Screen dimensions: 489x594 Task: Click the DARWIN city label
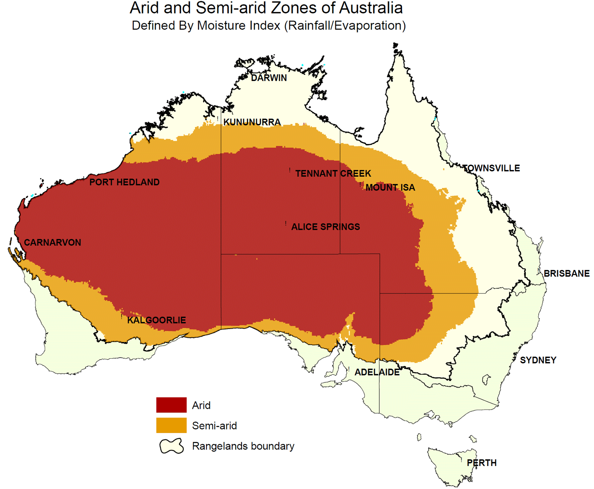pos(269,78)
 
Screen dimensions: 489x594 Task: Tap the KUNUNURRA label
pos(252,122)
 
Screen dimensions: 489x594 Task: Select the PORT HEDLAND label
pos(124,182)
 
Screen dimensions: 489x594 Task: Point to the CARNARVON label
pos(52,242)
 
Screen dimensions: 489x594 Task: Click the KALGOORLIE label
pos(156,320)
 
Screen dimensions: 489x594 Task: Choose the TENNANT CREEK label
pos(333,173)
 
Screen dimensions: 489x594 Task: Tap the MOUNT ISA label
pos(390,188)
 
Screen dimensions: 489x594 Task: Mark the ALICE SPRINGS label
pos(326,227)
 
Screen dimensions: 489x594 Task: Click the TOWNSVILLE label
pos(491,168)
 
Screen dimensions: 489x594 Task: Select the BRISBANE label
pos(567,274)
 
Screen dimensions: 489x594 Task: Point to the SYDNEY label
pos(538,360)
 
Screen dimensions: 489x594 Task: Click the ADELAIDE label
pos(377,372)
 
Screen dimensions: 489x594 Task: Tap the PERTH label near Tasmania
pos(482,463)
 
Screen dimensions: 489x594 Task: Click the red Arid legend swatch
pos(171,405)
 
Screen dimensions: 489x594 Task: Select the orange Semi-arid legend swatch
pos(171,426)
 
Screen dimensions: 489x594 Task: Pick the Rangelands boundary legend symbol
pos(172,446)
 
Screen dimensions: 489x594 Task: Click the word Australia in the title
pos(371,8)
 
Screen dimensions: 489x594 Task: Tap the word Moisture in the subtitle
pos(220,26)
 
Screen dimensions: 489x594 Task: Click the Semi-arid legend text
pos(214,426)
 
